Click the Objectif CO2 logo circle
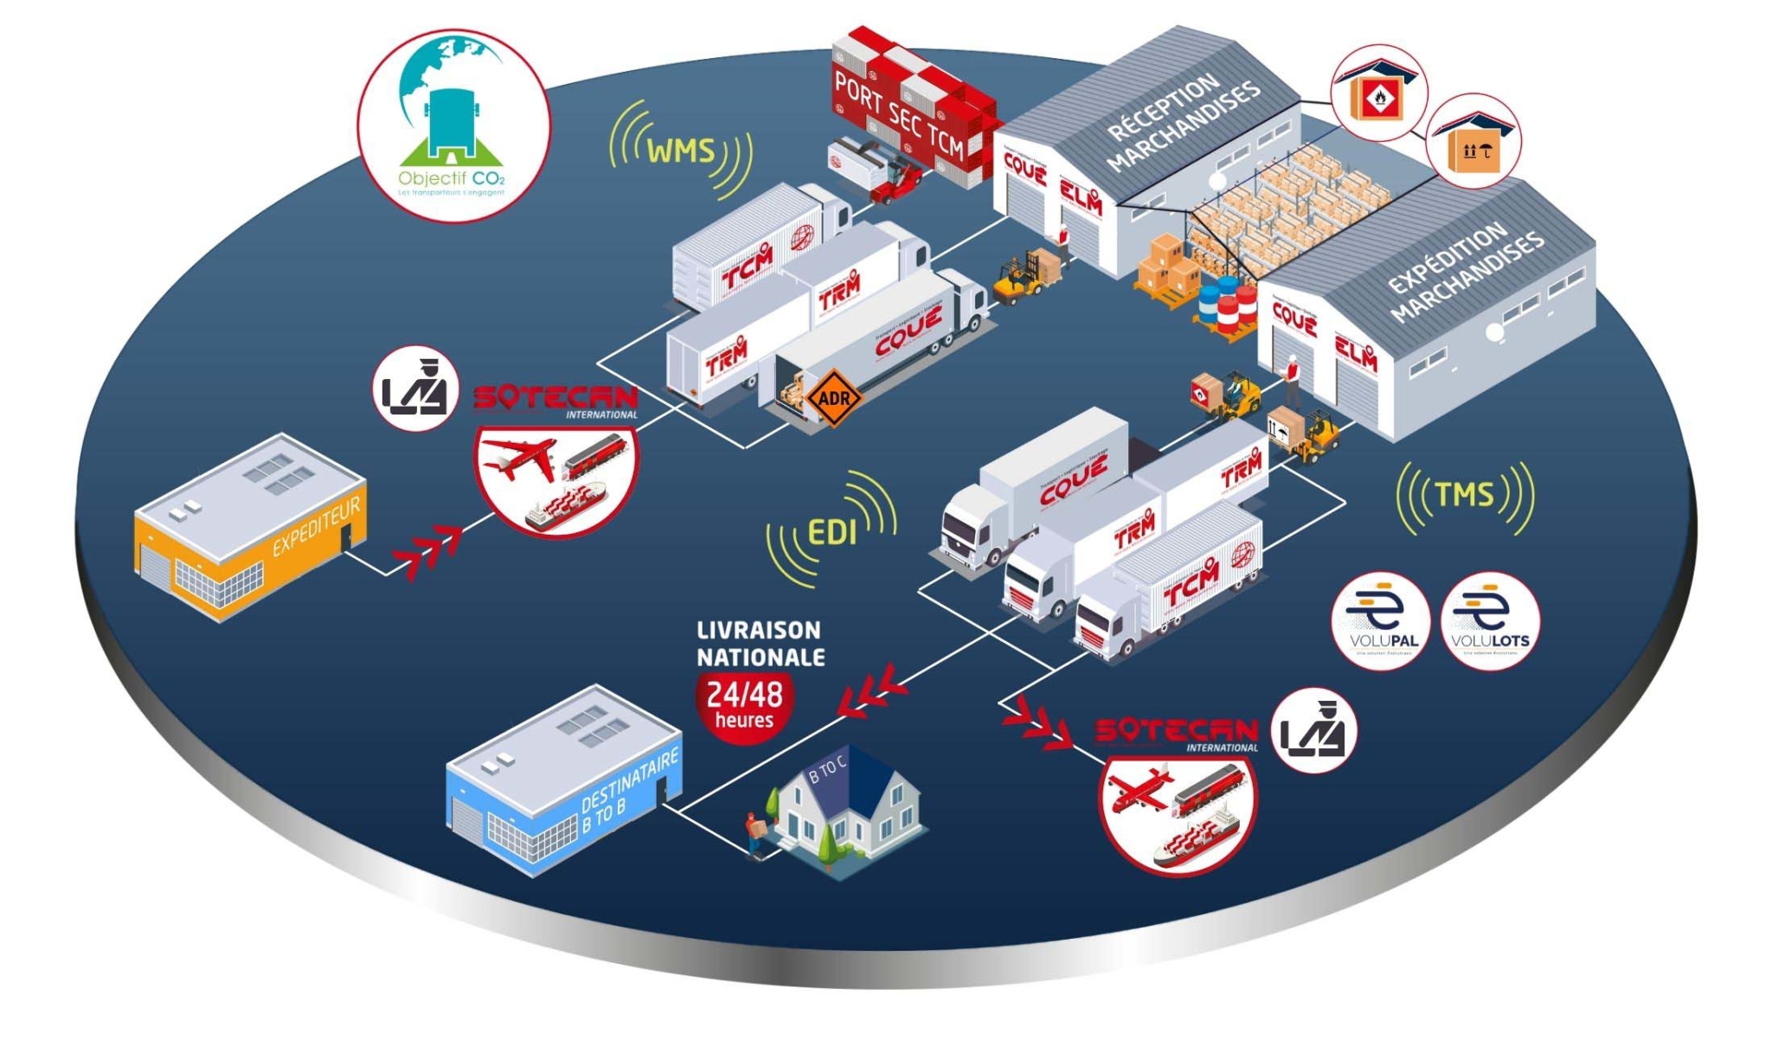click(453, 126)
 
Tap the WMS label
click(681, 151)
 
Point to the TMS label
click(1464, 495)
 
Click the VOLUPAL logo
click(1381, 619)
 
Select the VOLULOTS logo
click(1490, 619)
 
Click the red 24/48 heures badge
click(744, 704)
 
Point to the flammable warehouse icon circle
click(1378, 93)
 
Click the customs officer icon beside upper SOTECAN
click(415, 388)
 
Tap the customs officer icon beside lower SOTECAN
click(1313, 731)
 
